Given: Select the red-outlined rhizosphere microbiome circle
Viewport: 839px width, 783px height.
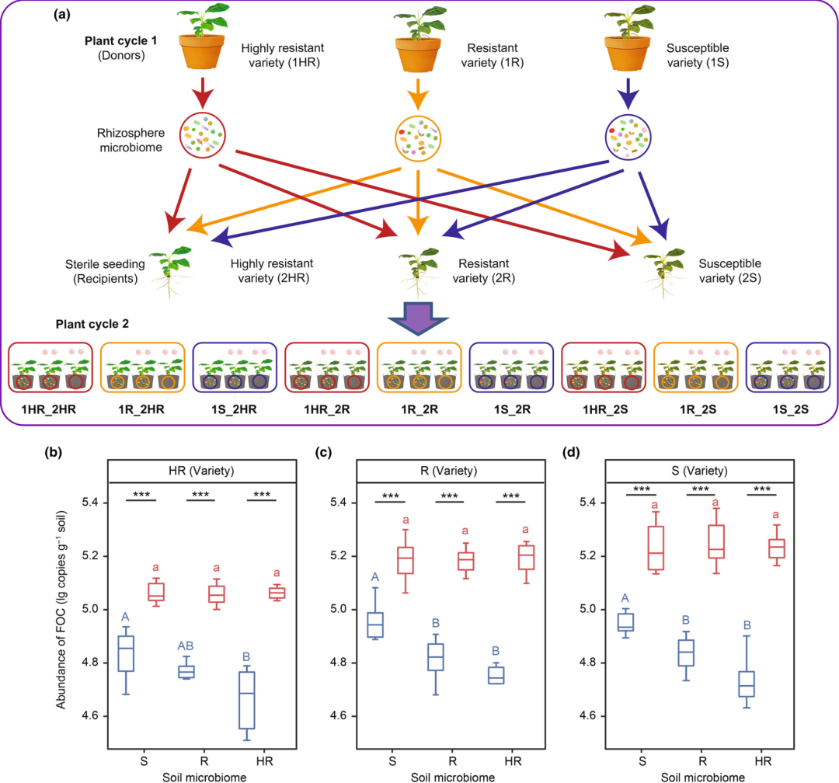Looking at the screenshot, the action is (202, 135).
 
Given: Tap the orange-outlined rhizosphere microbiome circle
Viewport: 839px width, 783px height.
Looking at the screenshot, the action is (418, 138).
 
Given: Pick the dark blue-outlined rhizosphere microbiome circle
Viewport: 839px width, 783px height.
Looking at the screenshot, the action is (628, 137).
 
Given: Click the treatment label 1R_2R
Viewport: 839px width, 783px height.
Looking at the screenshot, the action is (419, 409).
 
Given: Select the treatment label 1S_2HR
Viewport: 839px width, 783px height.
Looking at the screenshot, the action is (234, 409).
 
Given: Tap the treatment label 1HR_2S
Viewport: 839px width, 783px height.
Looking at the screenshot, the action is (605, 409).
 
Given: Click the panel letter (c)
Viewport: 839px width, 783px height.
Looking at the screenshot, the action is (323, 452).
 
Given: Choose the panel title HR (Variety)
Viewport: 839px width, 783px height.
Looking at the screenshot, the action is (201, 471).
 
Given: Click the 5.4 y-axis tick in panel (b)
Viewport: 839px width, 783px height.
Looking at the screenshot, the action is (91, 502).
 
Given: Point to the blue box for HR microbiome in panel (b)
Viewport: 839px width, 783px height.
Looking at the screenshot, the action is (247, 700).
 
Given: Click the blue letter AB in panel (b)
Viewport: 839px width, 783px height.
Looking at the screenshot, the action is (186, 646).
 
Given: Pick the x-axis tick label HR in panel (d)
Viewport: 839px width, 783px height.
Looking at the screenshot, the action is (763, 761).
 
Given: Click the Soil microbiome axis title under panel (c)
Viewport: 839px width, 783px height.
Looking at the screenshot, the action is (453, 777).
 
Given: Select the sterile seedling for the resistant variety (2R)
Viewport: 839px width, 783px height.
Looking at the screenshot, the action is (419, 272).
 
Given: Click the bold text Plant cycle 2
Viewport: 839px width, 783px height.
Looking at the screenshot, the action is (92, 324).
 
